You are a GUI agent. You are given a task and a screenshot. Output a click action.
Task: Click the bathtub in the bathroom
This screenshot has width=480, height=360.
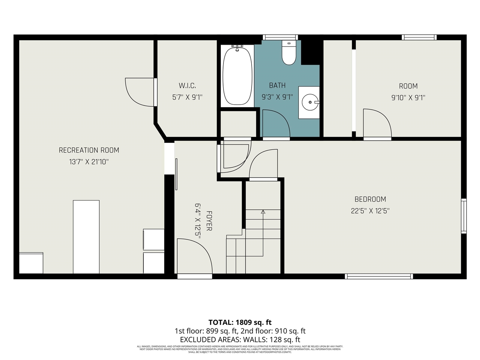tap(237, 75)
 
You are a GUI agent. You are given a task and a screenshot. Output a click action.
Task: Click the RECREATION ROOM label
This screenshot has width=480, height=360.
tap(89, 150)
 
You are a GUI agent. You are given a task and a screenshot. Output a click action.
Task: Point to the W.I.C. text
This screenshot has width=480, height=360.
tap(187, 86)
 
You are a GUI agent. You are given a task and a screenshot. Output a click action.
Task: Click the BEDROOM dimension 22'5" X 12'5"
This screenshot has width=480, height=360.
tap(370, 211)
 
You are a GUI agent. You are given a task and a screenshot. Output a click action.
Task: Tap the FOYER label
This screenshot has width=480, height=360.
tap(209, 221)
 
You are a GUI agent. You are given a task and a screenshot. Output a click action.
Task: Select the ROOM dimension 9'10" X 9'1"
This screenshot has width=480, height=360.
tap(408, 97)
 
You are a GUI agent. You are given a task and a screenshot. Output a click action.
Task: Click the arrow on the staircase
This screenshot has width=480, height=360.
tap(263, 212)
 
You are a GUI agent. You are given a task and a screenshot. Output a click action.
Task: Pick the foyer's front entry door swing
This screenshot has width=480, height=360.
tap(193, 259)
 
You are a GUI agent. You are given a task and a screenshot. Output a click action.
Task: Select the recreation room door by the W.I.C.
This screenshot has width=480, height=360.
tap(139, 92)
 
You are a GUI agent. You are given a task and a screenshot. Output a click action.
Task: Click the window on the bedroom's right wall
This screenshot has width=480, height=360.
tap(464, 216)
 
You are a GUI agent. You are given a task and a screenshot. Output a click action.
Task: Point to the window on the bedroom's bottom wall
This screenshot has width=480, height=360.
tap(379, 276)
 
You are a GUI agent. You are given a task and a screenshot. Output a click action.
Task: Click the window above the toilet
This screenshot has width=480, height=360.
tap(280, 37)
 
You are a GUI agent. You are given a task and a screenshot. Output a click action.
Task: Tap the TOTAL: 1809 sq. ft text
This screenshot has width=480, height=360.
tap(240, 322)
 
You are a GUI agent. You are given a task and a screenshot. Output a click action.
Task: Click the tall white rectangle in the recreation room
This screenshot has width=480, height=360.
tap(86, 236)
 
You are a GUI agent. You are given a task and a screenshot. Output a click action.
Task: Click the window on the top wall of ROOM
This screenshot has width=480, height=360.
tap(419, 37)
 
